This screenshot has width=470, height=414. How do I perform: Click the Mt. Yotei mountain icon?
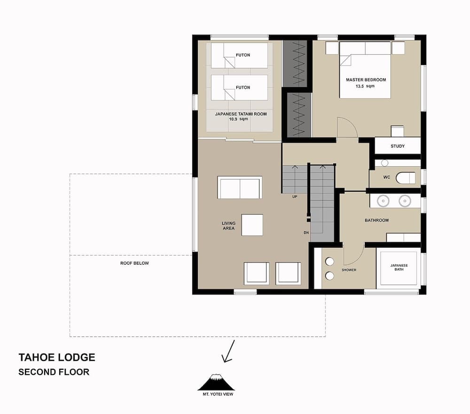(215, 382)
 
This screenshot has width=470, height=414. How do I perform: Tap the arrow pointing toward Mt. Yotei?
(228, 353)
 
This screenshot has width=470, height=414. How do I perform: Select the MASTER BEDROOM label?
(366, 80)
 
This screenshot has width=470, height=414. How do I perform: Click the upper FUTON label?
(243, 55)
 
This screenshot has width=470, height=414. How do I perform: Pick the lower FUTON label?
(243, 88)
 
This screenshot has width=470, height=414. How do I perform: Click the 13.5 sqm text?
(366, 86)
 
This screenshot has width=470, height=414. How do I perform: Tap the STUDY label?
(397, 146)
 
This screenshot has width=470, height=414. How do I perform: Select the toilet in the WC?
(406, 178)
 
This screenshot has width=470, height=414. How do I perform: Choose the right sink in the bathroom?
(404, 201)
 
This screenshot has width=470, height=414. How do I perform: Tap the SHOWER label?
(349, 270)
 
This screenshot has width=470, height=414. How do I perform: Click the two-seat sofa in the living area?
(240, 188)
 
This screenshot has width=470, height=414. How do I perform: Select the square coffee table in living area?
(252, 225)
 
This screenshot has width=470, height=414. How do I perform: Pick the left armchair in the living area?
(257, 273)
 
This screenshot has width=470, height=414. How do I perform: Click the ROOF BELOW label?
(134, 263)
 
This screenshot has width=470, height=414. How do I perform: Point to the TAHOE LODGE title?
(56, 357)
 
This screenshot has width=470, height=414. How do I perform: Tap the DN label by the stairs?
(305, 233)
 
